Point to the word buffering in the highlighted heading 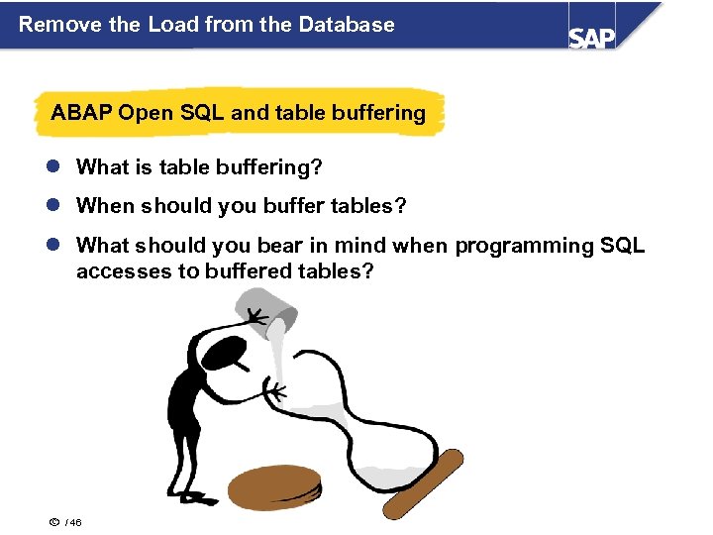(x=379, y=113)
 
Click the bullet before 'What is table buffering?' (x=55, y=167)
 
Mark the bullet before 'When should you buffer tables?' (x=55, y=206)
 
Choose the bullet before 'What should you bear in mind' (x=55, y=246)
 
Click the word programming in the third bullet (x=525, y=246)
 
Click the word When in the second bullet (x=105, y=206)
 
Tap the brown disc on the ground (x=274, y=488)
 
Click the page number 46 (x=75, y=523)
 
